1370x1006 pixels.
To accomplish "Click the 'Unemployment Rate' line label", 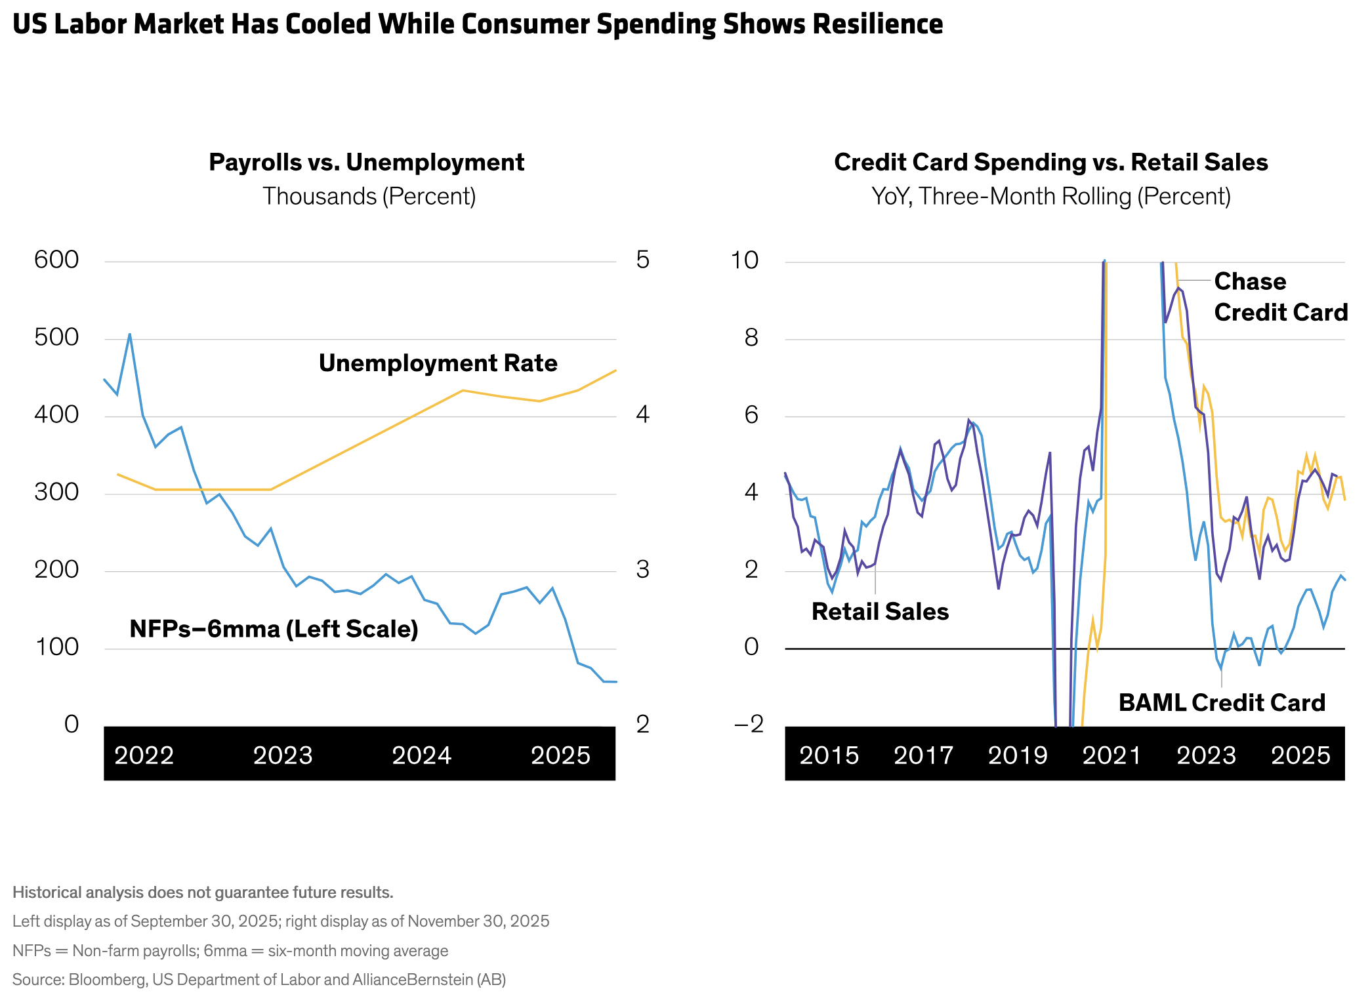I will point(438,363).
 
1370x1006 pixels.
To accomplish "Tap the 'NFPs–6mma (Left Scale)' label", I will point(274,629).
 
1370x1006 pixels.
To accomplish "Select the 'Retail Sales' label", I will point(880,612).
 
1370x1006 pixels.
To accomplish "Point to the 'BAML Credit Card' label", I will point(1222,703).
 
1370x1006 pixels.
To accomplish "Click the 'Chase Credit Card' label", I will point(1280,297).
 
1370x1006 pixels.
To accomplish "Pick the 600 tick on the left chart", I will point(56,260).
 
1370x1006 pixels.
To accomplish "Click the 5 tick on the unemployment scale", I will point(642,260).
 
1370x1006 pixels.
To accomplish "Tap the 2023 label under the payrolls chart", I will point(283,755).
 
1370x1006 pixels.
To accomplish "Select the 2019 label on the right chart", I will point(1018,755).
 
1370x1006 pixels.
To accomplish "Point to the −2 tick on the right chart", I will point(749,724).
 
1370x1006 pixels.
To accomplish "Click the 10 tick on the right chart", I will point(745,260).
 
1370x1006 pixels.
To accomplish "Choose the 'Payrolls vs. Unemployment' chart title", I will point(366,163).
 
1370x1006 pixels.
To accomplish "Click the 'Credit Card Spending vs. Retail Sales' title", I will point(1050,163).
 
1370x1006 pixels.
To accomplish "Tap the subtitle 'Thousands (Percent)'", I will point(369,196).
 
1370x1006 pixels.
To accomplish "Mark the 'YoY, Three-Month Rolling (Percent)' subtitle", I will point(1050,196).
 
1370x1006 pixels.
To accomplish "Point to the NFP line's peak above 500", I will point(130,334).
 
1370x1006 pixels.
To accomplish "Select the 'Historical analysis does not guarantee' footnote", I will point(203,893).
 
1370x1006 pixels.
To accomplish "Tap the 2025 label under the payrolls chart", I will point(560,755).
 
